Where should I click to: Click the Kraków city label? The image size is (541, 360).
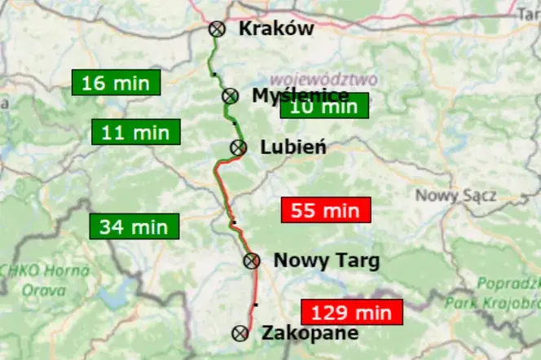[276, 29]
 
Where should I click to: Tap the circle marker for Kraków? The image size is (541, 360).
[217, 29]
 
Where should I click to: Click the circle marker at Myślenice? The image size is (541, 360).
[230, 96]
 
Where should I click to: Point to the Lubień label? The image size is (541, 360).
[293, 147]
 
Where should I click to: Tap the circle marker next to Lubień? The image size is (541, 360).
[239, 147]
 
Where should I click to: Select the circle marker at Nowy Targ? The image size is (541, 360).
[252, 261]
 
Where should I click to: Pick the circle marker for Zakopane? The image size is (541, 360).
[240, 333]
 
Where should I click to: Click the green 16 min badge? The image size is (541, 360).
[116, 83]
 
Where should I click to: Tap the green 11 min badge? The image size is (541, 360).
[135, 132]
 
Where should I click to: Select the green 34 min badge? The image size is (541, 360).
[134, 226]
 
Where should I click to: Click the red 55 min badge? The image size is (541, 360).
[325, 210]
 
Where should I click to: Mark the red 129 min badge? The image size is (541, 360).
[352, 312]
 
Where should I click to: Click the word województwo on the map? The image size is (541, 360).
[324, 79]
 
